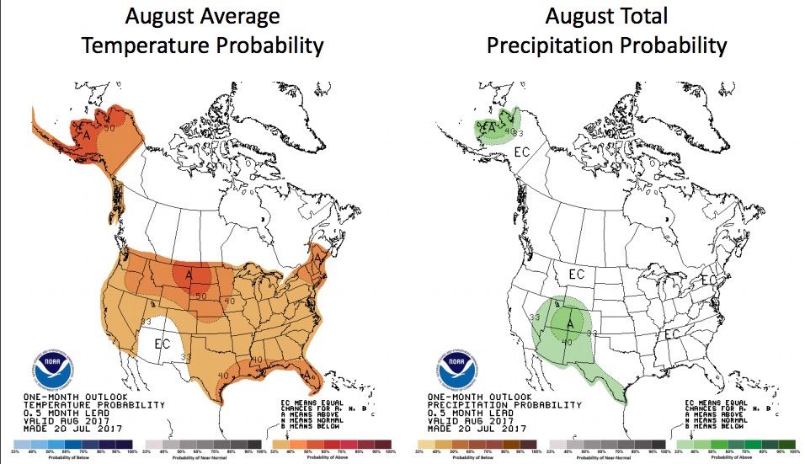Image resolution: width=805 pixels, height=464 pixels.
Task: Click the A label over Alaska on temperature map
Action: click(x=85, y=134)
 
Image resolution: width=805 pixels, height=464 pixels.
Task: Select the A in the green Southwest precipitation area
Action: click(x=569, y=322)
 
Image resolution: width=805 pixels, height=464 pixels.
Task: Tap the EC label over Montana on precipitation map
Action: click(x=577, y=274)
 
